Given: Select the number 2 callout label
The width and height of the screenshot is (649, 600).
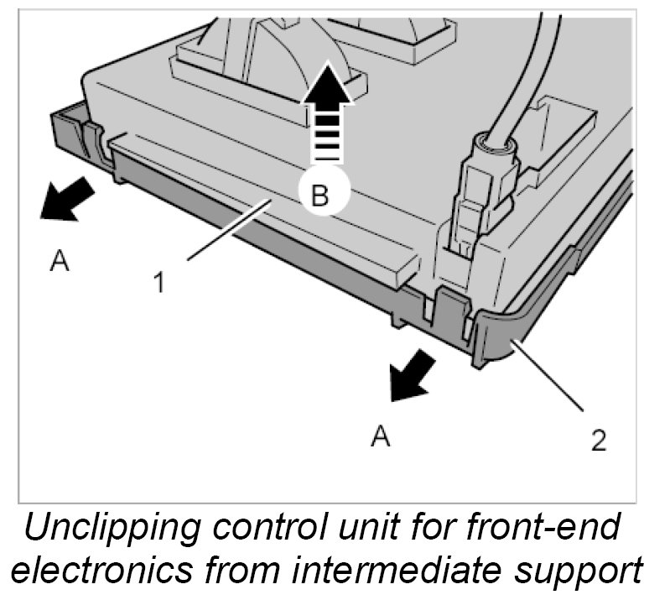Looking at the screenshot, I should click(x=598, y=440).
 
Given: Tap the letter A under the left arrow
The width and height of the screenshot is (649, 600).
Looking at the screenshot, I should click(x=58, y=263).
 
